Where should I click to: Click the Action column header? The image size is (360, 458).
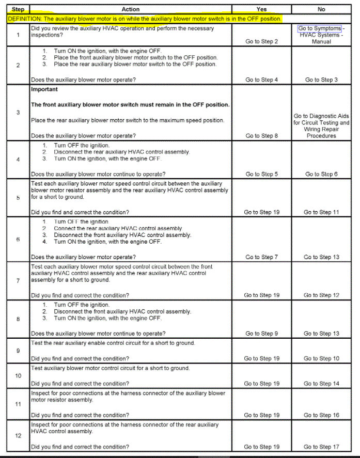click(131, 9)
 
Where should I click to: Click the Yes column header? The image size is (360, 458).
click(261, 9)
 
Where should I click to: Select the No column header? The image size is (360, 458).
click(322, 9)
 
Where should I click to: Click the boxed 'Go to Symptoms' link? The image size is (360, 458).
click(320, 28)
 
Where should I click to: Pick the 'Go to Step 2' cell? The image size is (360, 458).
click(261, 41)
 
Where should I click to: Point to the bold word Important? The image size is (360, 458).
click(44, 89)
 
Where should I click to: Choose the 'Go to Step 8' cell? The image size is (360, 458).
click(261, 136)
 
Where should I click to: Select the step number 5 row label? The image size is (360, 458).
click(18, 198)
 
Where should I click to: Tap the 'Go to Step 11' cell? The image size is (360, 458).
click(321, 212)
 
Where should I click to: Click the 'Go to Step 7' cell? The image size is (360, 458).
click(261, 257)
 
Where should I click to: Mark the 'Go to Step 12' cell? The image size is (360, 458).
click(321, 295)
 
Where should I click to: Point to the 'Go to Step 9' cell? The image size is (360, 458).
click(261, 334)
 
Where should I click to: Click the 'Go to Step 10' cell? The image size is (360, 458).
click(321, 358)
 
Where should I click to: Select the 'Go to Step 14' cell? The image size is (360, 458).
click(321, 384)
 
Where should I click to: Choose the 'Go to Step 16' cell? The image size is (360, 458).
click(321, 415)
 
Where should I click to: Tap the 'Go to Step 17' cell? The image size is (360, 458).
click(321, 447)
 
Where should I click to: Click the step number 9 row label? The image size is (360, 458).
click(18, 351)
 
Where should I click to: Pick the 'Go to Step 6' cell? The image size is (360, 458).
click(321, 174)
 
